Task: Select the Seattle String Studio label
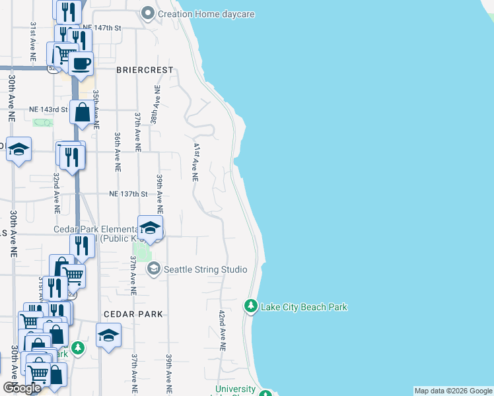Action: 205,269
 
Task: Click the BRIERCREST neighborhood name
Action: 145,69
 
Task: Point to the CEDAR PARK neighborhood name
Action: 132,315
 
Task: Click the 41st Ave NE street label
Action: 195,162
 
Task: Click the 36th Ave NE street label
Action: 117,152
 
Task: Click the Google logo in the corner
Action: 22,387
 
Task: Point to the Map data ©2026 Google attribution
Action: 453,391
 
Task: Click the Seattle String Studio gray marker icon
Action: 154,269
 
